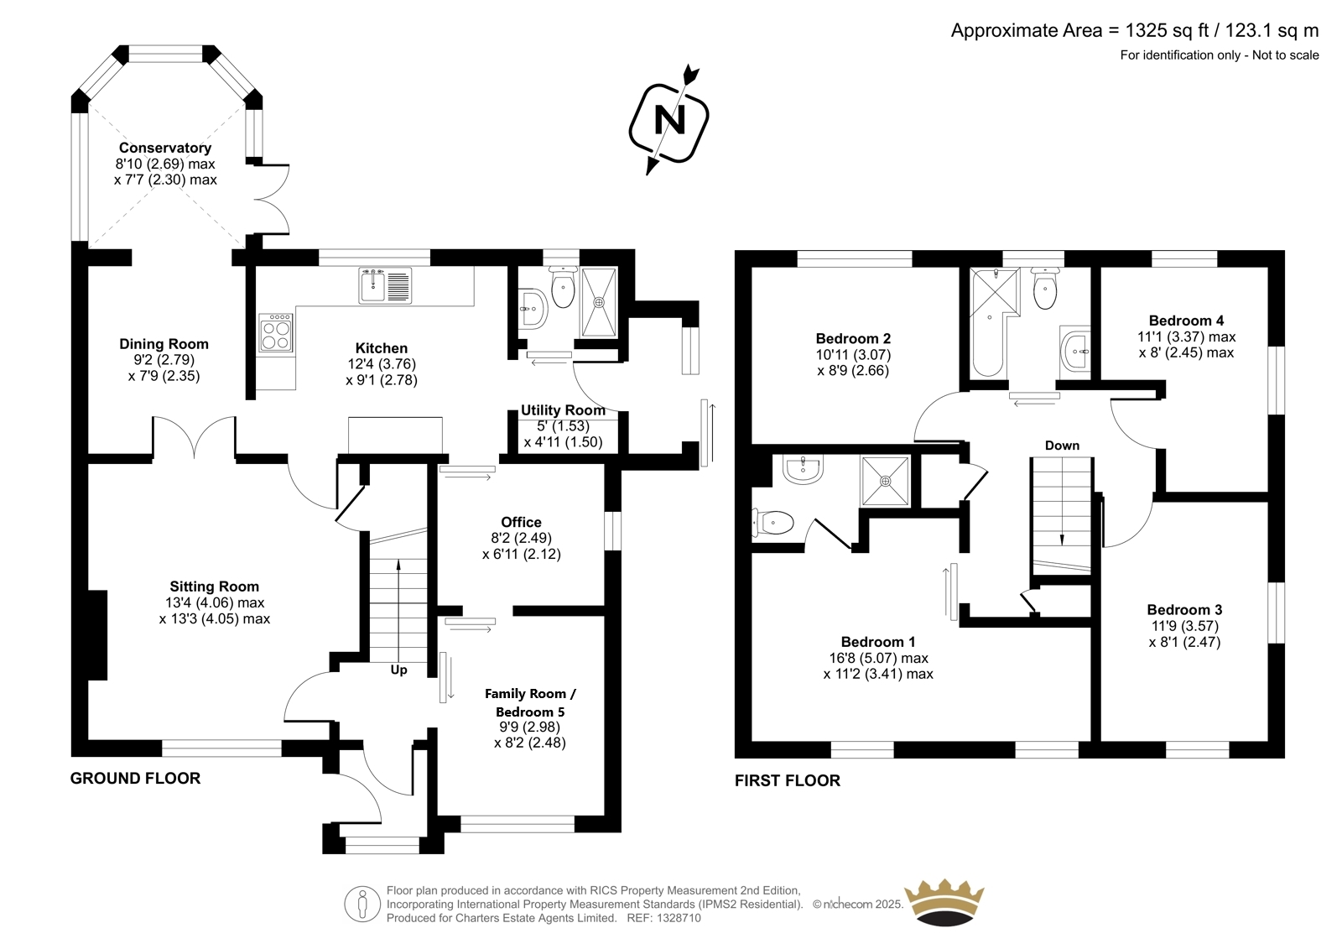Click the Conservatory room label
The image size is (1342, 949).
(x=164, y=148)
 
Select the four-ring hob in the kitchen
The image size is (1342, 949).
(x=276, y=333)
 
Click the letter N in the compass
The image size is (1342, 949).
(x=670, y=120)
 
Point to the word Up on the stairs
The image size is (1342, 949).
(x=398, y=670)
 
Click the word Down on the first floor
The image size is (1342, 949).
(x=1062, y=446)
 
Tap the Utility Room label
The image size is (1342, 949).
(x=563, y=410)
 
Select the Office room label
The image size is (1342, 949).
(x=521, y=522)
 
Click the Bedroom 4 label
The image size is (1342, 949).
(x=1186, y=321)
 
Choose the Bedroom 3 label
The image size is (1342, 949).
(x=1184, y=610)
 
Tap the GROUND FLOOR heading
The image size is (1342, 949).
(x=135, y=778)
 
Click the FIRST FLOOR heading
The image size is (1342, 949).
(x=788, y=780)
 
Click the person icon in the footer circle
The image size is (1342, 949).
(x=362, y=904)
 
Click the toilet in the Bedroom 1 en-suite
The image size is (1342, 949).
(x=772, y=522)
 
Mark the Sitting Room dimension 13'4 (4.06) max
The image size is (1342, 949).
(x=215, y=602)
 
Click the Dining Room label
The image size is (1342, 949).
(x=164, y=344)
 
